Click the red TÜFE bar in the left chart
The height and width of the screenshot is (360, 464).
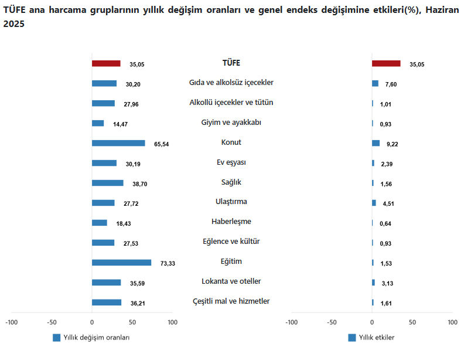[106, 63]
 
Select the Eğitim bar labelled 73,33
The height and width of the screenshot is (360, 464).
[121, 263]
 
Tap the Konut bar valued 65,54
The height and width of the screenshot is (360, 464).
[118, 143]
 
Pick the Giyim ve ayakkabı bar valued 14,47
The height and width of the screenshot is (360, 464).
[98, 123]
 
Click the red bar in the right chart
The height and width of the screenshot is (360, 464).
[386, 63]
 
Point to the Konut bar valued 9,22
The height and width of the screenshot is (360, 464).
[376, 143]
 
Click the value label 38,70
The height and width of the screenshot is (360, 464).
[139, 184]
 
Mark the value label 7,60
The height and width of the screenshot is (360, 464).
[391, 84]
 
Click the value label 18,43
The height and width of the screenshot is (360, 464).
[123, 223]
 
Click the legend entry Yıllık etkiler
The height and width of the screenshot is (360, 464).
[376, 338]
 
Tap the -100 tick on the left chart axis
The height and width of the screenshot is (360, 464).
[11, 322]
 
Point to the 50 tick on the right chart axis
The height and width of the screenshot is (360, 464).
[412, 322]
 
